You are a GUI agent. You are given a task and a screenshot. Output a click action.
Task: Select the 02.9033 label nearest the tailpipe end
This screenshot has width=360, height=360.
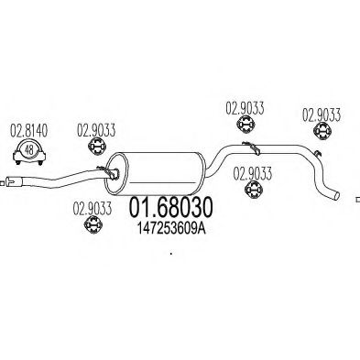click(x=322, y=115)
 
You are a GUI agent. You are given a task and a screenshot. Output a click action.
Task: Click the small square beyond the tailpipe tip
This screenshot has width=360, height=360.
click(x=357, y=195)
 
